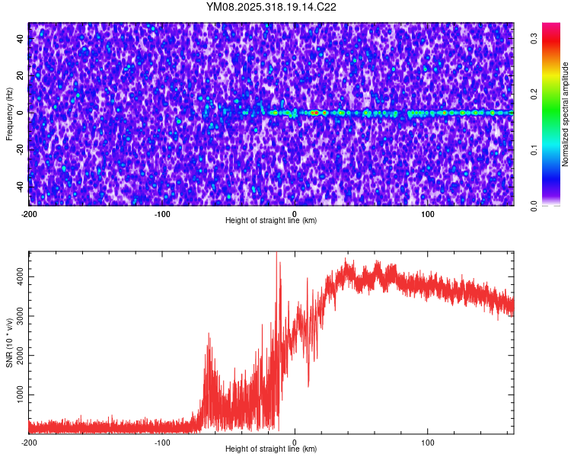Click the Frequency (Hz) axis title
[x=9, y=113]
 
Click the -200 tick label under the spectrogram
[x=29, y=213]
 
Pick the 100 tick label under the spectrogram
[x=428, y=213]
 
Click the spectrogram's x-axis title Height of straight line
[x=271, y=220]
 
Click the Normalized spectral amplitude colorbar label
[x=566, y=114]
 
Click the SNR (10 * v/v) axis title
[x=9, y=342]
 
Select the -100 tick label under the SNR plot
[x=162, y=443]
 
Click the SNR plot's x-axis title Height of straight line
[x=271, y=449]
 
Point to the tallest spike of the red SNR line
[x=276, y=254]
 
